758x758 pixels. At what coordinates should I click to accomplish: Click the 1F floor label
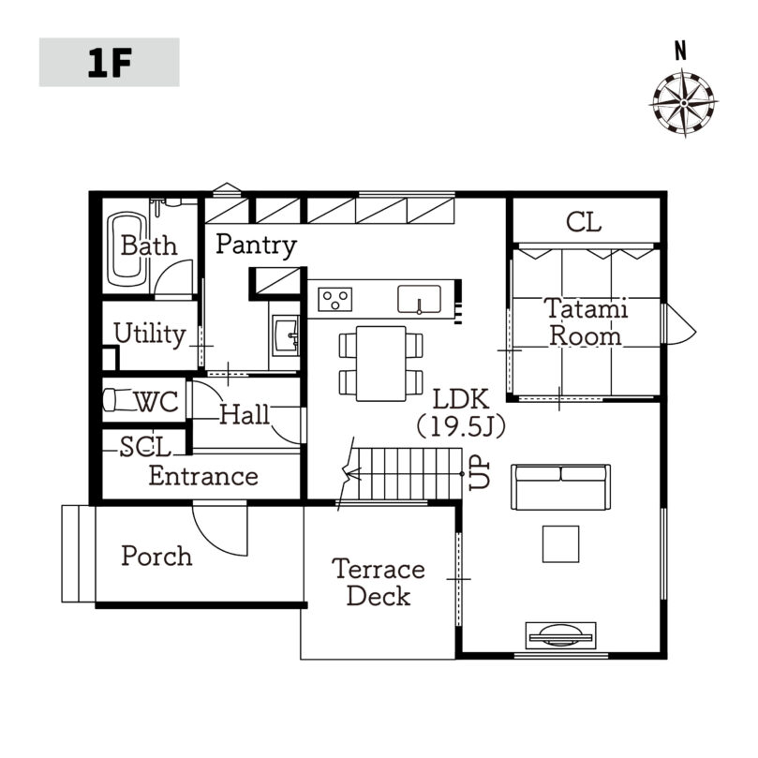point(110,63)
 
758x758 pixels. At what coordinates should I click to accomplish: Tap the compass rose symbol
point(684,103)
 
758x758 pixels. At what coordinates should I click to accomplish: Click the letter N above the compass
point(680,51)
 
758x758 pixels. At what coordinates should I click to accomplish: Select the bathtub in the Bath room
point(127,249)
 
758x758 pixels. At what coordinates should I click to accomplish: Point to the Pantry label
point(256,245)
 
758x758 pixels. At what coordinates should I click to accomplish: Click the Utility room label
point(150,334)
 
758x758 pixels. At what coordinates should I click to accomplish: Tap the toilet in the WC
point(117,400)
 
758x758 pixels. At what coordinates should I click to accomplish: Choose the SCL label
point(145,447)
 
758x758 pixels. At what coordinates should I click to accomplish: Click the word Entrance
point(203,476)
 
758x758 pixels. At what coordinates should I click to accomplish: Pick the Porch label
point(156,556)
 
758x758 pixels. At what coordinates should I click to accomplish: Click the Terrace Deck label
point(379,583)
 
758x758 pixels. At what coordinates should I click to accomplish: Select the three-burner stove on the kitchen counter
point(335,300)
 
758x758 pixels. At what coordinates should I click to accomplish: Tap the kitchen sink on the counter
point(419,300)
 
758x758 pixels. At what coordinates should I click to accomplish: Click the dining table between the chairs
point(381,364)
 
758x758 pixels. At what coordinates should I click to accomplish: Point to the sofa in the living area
point(560,487)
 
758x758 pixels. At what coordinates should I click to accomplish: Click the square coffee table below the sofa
point(560,543)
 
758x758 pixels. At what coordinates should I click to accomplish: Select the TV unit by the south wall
point(560,635)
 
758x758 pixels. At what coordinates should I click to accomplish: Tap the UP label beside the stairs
point(479,474)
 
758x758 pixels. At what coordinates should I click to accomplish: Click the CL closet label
point(584,223)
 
